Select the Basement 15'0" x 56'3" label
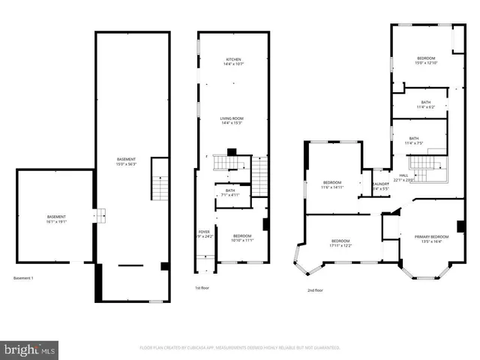[x=126, y=161]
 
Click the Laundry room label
[x=380, y=186]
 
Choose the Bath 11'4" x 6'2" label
[x=425, y=104]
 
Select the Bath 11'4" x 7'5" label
[x=414, y=140]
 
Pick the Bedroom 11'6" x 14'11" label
[x=332, y=185]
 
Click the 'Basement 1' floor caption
[x=23, y=278]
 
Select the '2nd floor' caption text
[x=315, y=290]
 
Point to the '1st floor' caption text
[x=202, y=288]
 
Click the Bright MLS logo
[x=30, y=349]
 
